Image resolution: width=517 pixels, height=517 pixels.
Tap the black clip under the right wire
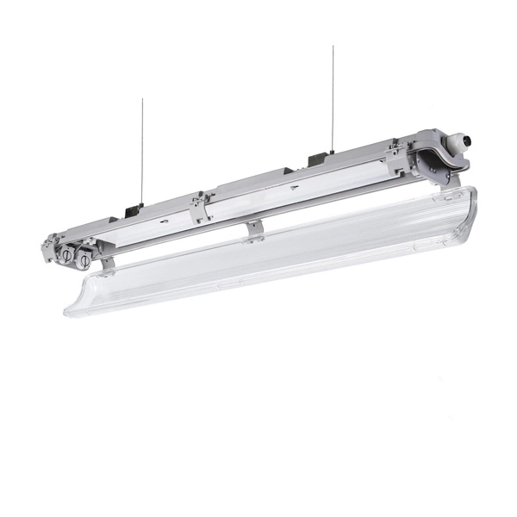coord(317,160)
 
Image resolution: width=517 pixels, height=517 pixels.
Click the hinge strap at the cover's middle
coord(253,229)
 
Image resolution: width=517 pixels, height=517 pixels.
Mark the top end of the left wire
coord(142,100)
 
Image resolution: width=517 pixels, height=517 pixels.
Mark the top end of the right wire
coord(333,47)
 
